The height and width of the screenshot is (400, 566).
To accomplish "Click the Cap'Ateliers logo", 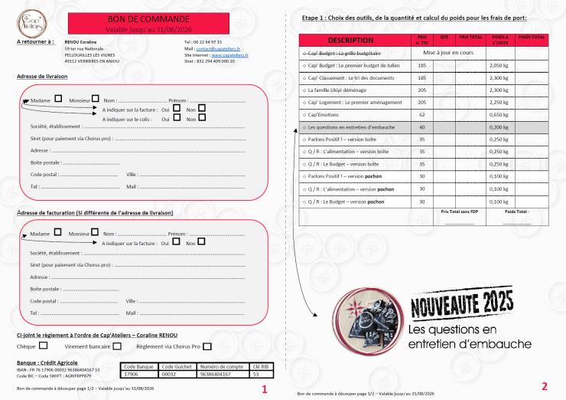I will point(32,20).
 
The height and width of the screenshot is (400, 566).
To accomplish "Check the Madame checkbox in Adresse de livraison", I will point(58,99).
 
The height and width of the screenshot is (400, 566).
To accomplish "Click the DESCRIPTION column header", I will point(350,40).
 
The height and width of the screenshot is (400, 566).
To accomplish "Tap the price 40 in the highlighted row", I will point(422,126).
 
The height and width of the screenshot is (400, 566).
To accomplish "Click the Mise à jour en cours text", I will point(449,53).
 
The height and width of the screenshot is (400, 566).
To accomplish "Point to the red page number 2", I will point(544,386).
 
